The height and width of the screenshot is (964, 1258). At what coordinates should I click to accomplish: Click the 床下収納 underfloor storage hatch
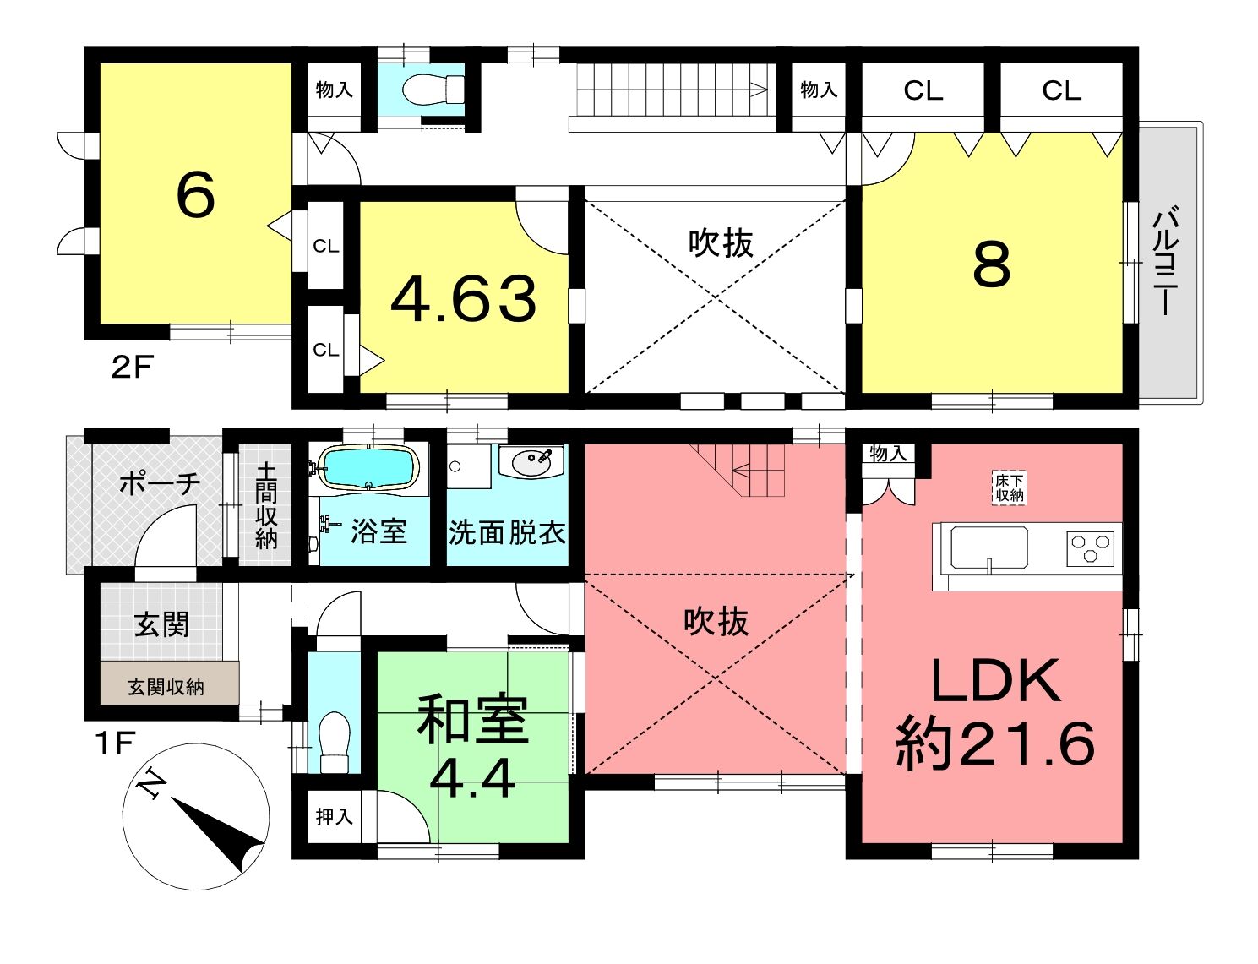pos(1010,488)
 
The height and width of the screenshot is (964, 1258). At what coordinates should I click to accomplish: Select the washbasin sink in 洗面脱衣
pos(531,462)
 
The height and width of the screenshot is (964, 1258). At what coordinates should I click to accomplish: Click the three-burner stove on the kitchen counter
pos(1090,547)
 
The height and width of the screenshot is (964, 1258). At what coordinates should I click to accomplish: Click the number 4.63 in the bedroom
pos(464,299)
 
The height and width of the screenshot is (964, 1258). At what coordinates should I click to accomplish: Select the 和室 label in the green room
pos(472,720)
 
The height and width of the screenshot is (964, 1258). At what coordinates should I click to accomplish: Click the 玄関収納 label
pos(166,687)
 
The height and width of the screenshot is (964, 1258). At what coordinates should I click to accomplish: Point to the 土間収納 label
pos(266,505)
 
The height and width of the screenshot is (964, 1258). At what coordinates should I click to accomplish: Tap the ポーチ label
pos(161,483)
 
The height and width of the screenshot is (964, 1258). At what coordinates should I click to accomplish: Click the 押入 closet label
pos(334,817)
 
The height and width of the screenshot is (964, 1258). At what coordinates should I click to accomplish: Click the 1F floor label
pos(117,743)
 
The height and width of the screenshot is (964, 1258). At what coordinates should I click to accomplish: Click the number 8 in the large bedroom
pos(992,264)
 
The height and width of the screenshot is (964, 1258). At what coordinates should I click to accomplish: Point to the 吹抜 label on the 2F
pos(721,243)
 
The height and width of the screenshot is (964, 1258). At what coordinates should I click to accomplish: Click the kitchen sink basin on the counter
pos(989,547)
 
